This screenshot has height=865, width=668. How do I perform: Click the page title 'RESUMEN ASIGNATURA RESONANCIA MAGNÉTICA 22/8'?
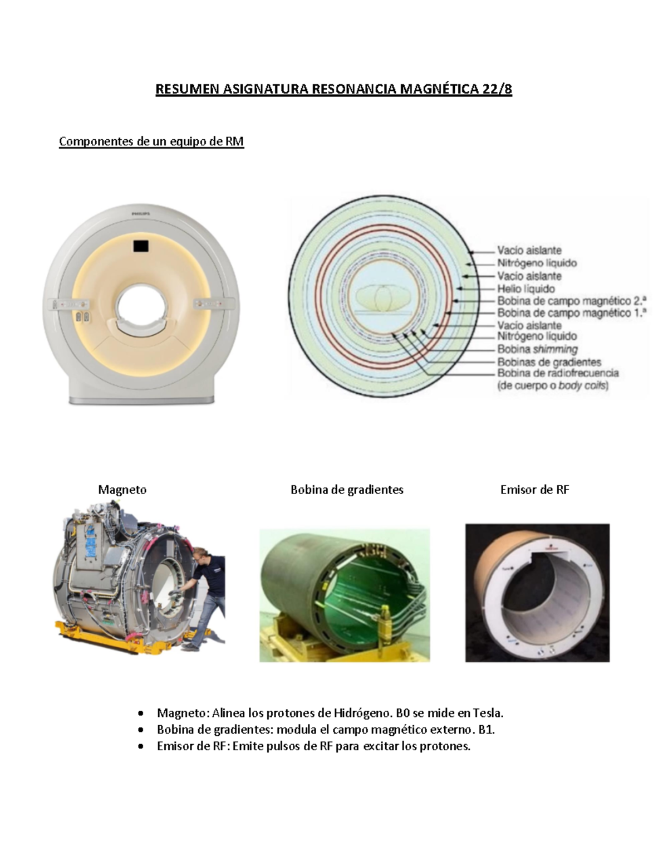pyautogui.click(x=333, y=89)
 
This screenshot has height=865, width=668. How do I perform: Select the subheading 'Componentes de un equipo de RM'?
pyautogui.click(x=151, y=141)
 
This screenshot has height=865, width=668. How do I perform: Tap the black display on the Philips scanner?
pyautogui.click(x=141, y=246)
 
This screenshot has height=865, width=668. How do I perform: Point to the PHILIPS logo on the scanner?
pyautogui.click(x=141, y=214)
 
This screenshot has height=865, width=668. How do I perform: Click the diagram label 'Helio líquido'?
pyautogui.click(x=526, y=289)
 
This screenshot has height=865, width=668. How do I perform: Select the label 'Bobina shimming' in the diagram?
pyautogui.click(x=538, y=349)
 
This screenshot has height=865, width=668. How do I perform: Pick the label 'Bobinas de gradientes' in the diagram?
pyautogui.click(x=549, y=362)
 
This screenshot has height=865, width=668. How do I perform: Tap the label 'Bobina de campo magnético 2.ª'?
pyautogui.click(x=572, y=301)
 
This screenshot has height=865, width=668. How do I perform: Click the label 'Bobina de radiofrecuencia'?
pyautogui.click(x=558, y=373)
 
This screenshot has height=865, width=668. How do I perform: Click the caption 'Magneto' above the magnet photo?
pyautogui.click(x=122, y=490)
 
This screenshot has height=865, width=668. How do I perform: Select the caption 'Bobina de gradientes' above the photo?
pyautogui.click(x=347, y=490)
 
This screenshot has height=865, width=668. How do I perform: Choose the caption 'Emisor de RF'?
pyautogui.click(x=535, y=490)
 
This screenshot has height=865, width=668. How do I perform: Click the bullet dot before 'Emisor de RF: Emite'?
pyautogui.click(x=140, y=747)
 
